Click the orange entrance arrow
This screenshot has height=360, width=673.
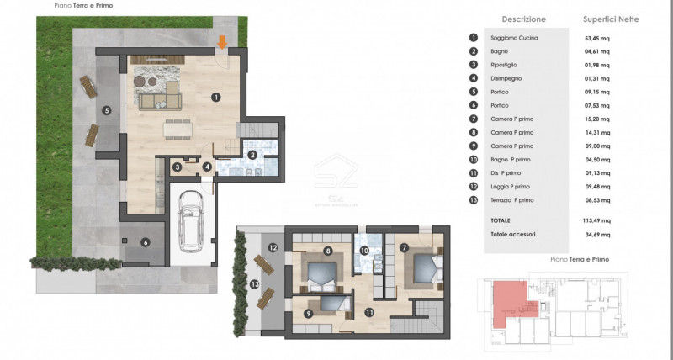tap(222, 41)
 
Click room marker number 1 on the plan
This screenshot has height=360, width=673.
tap(216, 98)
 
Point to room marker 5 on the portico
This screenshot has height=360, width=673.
tap(106, 110)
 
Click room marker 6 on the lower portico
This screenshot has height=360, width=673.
tap(145, 242)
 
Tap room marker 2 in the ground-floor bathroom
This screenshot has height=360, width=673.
tap(251, 154)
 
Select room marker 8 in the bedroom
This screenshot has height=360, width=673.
tap(327, 251)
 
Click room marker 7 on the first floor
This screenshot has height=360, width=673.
tap(404, 247)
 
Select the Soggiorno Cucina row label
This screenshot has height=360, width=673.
tap(517, 38)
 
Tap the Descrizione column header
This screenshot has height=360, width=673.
tap(523, 19)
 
